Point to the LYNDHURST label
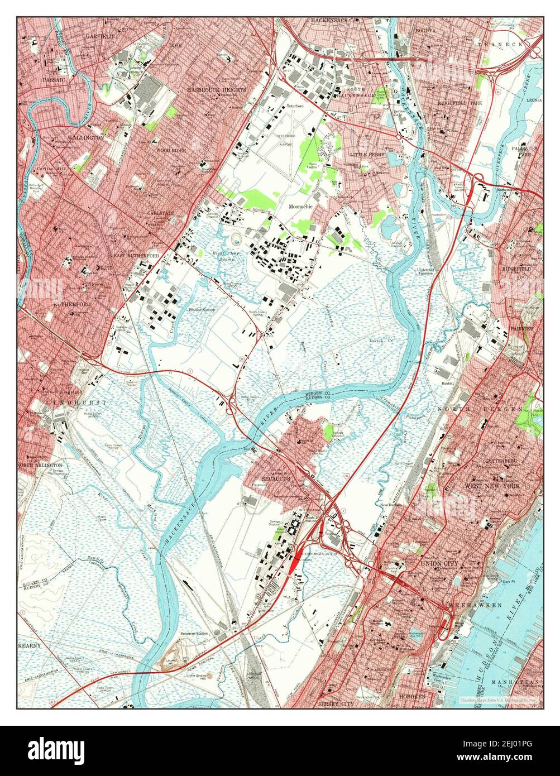click(x=69, y=402)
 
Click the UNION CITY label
click(x=442, y=564)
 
